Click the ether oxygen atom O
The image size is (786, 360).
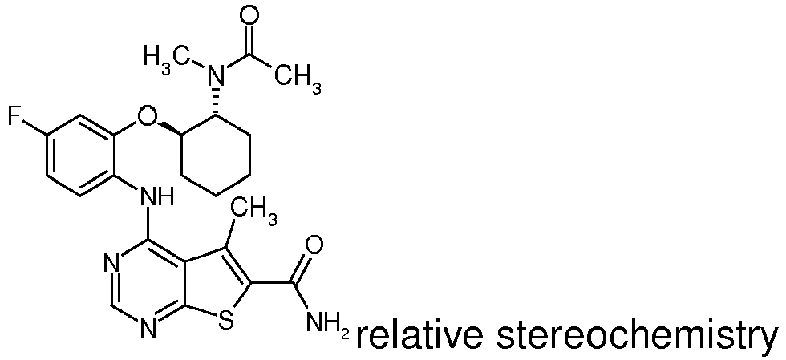pyautogui.click(x=146, y=116)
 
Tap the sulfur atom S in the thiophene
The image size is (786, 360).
pyautogui.click(x=226, y=321)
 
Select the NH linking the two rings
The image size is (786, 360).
pyautogui.click(x=156, y=196)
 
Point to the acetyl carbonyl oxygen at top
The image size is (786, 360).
pyautogui.click(x=249, y=15)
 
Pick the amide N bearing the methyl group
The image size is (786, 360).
pyautogui.click(x=216, y=76)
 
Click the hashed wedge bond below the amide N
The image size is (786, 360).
pyautogui.click(x=216, y=103)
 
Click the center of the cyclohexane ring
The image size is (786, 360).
pyautogui.click(x=216, y=156)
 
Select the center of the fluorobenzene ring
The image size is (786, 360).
pyautogui.click(x=81, y=156)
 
